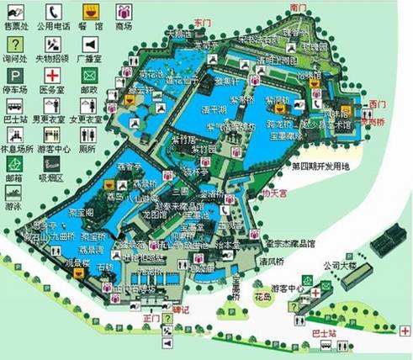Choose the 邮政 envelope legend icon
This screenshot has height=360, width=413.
pyautogui.click(x=89, y=75)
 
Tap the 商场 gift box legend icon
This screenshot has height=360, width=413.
pyautogui.click(x=124, y=12)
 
